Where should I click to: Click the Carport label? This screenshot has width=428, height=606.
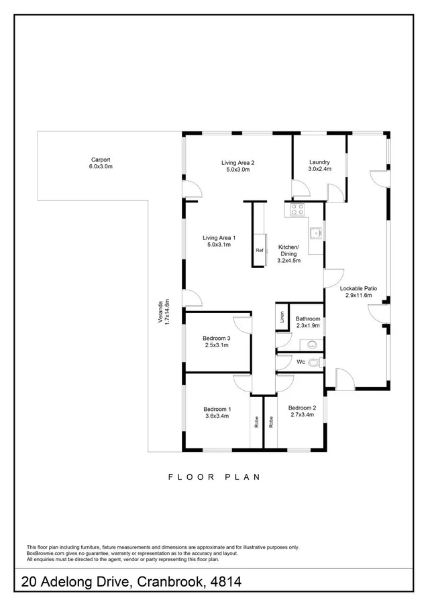(x=101, y=163)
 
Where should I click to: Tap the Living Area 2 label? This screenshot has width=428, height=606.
(x=238, y=166)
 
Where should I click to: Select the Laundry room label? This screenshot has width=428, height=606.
(x=319, y=166)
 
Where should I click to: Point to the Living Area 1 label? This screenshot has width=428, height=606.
(x=219, y=241)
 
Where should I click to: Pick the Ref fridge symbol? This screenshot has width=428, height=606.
(x=260, y=251)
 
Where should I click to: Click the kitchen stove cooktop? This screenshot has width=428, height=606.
(x=296, y=210)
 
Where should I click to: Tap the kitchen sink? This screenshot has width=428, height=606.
(x=315, y=234)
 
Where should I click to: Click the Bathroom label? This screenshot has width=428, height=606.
(x=308, y=322)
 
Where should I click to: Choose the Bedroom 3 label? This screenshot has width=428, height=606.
(x=217, y=342)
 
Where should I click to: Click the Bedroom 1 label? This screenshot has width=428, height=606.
(x=217, y=412)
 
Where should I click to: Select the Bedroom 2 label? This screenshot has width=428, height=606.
(x=302, y=411)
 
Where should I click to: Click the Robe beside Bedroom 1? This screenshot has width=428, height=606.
(x=256, y=422)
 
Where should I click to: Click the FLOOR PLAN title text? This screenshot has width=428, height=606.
(x=213, y=477)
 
